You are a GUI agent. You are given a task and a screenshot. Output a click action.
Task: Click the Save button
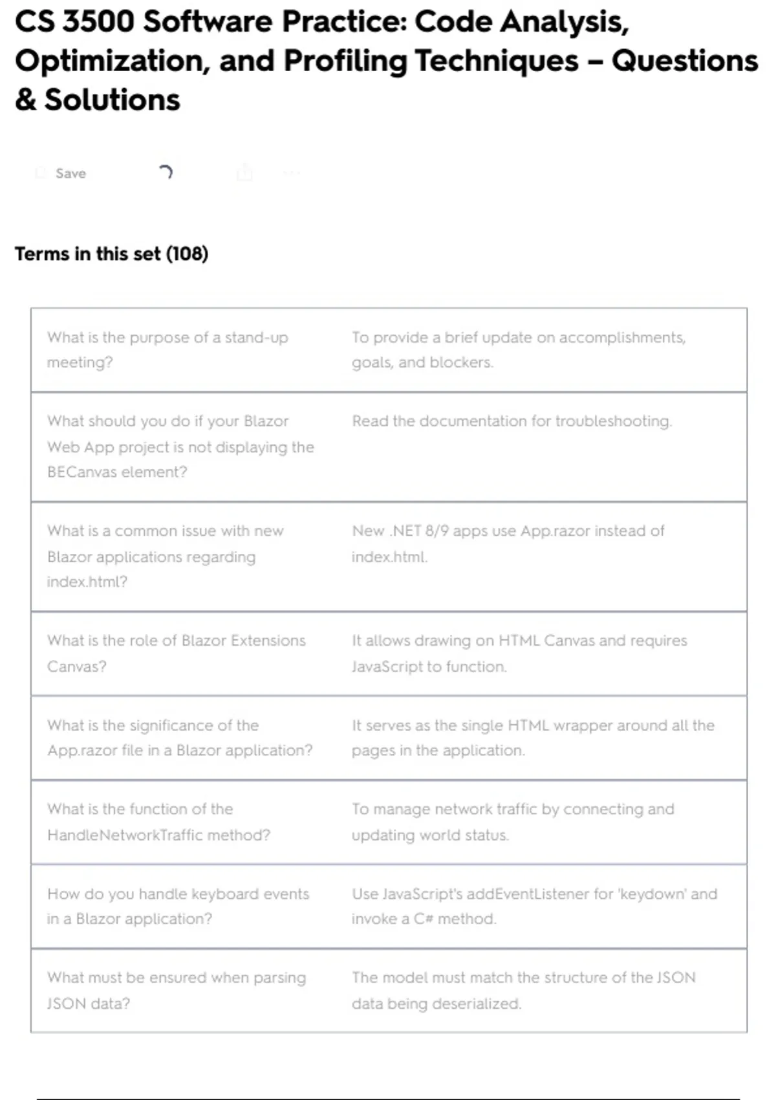click(70, 173)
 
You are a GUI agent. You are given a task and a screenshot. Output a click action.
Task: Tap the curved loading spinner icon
click(166, 172)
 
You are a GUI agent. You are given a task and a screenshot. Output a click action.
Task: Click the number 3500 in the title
click(98, 22)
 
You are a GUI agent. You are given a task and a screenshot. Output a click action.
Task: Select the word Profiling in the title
click(345, 61)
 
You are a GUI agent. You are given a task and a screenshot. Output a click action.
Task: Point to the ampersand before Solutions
click(25, 100)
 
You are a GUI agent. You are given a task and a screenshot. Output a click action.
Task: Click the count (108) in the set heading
click(187, 254)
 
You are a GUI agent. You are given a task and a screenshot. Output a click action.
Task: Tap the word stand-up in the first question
click(256, 338)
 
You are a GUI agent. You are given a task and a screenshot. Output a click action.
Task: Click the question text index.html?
click(87, 582)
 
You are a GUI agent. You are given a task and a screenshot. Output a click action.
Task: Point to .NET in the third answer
click(405, 531)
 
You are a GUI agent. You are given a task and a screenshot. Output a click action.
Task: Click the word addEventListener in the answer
click(528, 894)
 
